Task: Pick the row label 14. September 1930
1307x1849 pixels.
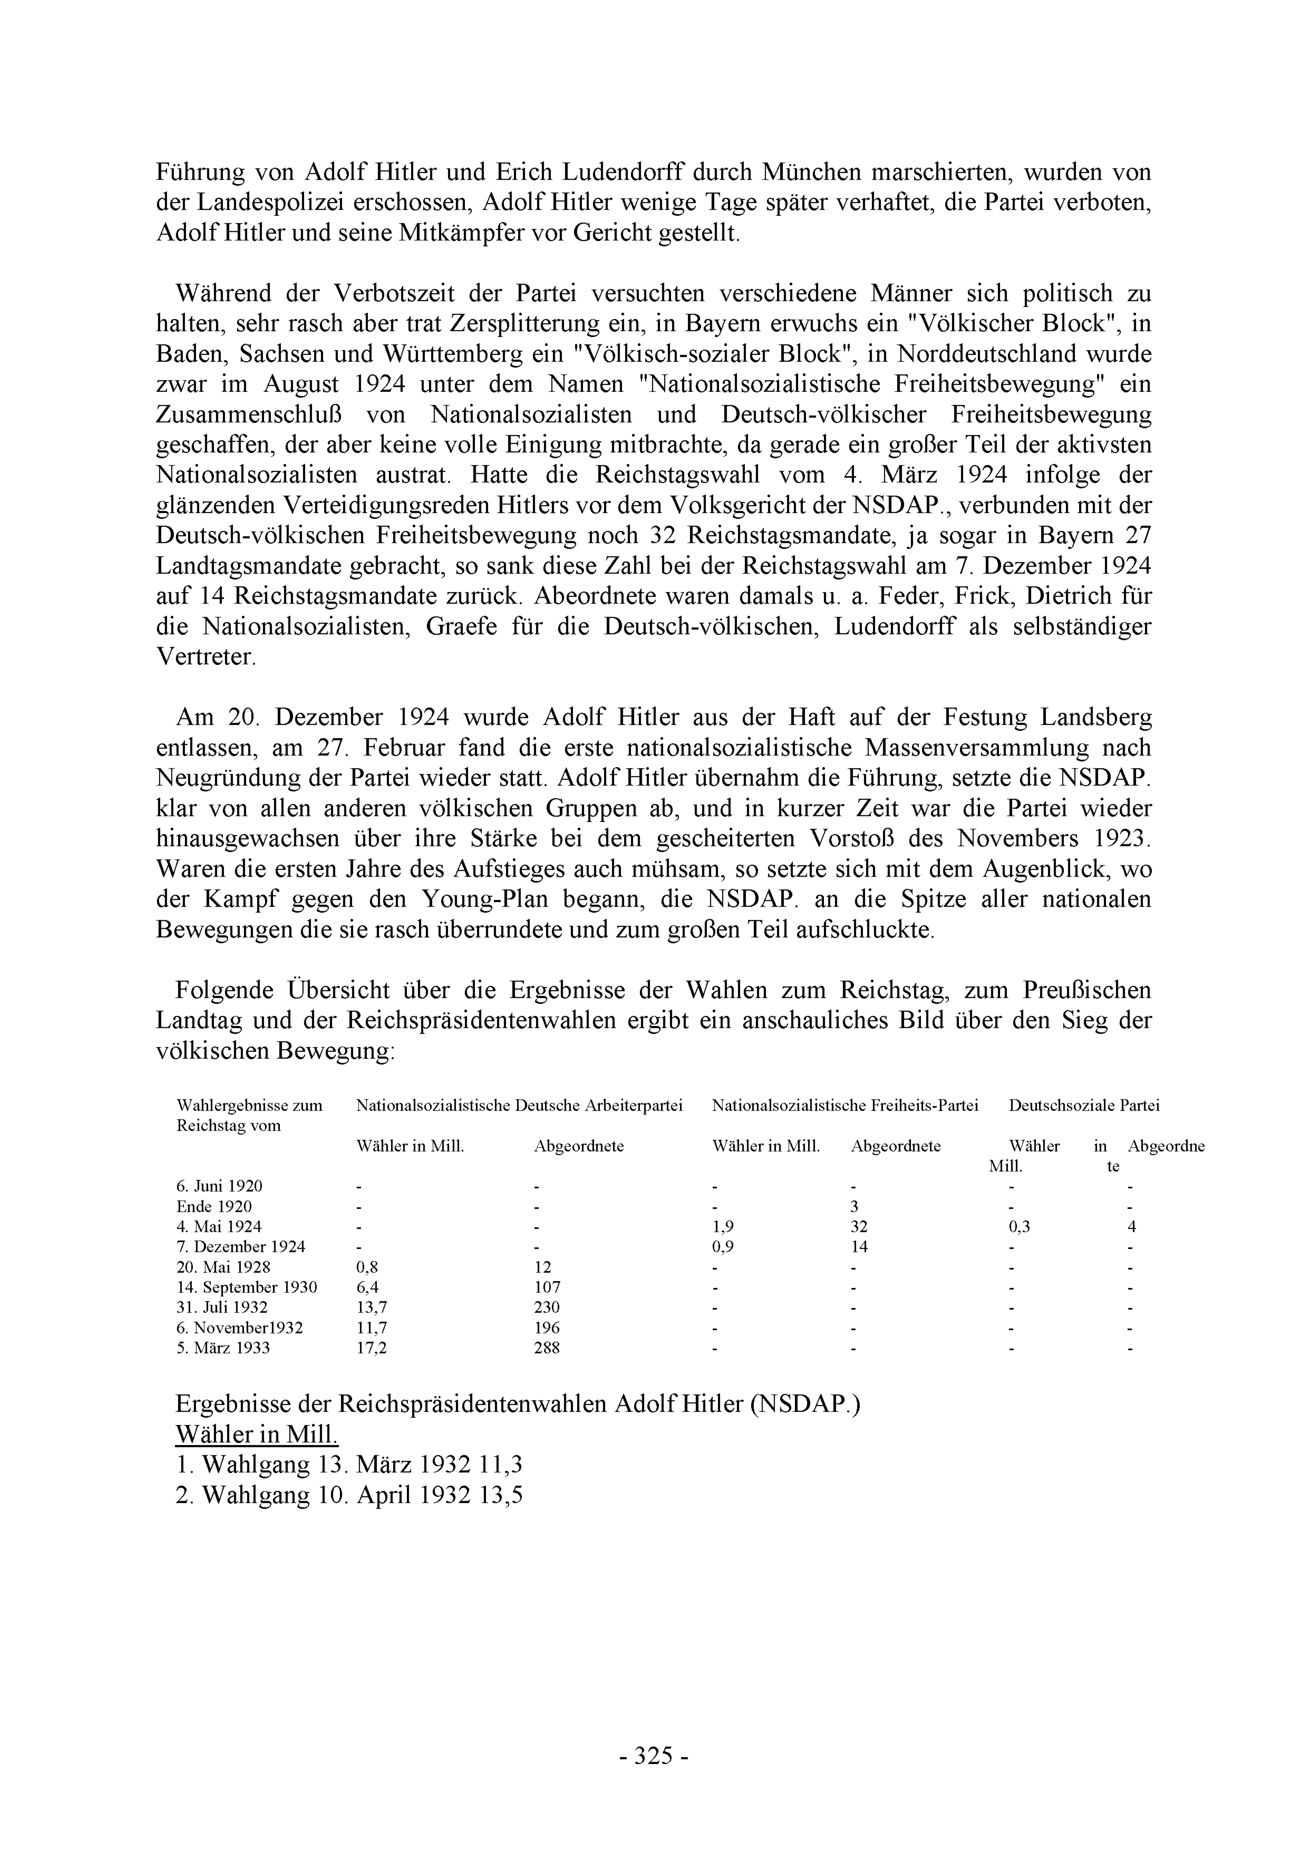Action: pos(246,1287)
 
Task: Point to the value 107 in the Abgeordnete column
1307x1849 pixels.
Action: pos(547,1287)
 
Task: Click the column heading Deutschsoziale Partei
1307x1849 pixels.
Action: pos(1084,1106)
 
